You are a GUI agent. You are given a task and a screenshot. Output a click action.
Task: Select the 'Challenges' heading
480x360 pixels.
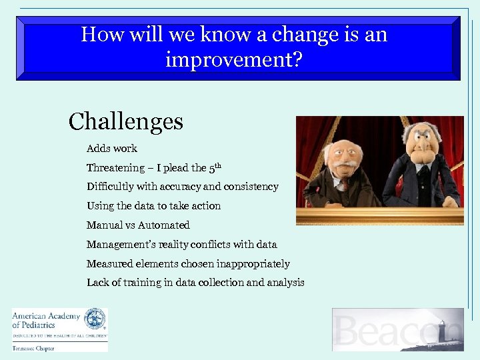coord(126,121)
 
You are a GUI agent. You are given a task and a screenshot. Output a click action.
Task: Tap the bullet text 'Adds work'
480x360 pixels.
coord(111,148)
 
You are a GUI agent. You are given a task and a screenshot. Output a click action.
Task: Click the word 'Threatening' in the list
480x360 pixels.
coord(115,167)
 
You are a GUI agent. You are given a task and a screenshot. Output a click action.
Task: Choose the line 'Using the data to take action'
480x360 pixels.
coord(153,206)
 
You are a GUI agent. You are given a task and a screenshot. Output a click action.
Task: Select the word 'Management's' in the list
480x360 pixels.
coord(119,245)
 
